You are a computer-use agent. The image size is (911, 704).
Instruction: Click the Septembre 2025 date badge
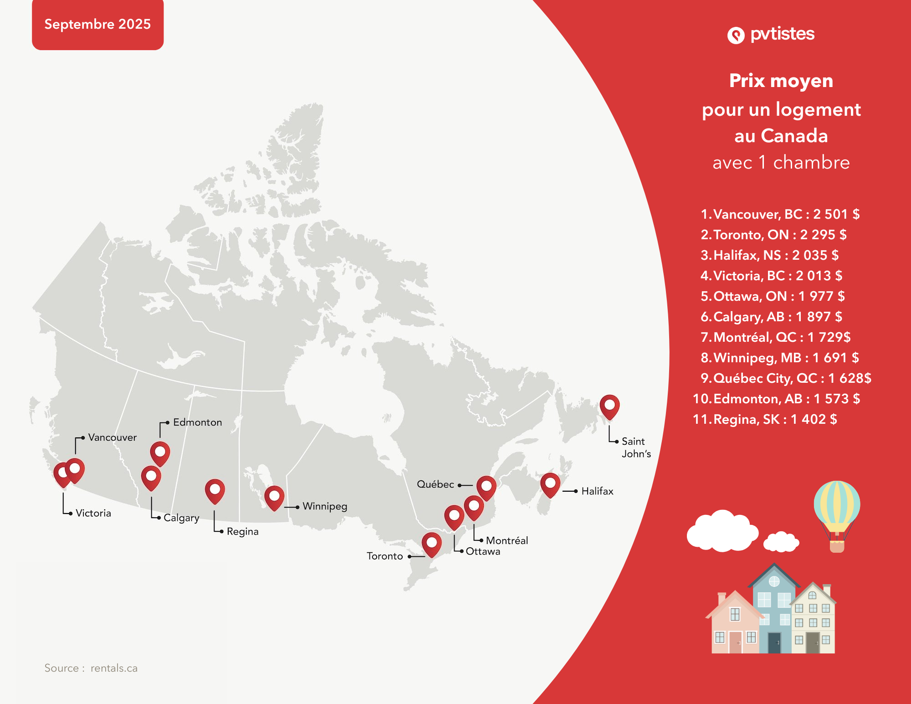click(97, 24)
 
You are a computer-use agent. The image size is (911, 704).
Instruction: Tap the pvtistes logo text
click(782, 34)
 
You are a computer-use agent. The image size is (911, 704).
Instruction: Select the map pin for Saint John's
click(609, 406)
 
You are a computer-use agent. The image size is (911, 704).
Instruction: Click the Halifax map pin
click(550, 484)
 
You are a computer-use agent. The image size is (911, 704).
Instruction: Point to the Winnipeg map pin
click(274, 497)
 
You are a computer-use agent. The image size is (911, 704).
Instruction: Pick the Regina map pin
click(215, 490)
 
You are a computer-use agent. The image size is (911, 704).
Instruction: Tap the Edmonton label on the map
click(197, 422)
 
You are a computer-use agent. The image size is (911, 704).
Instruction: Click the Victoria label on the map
click(93, 513)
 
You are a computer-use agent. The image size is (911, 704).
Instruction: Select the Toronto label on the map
click(385, 556)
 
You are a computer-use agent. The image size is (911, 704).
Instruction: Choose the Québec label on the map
click(435, 484)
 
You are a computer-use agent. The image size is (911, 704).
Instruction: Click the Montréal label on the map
click(507, 540)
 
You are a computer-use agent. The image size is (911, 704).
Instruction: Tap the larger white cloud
click(722, 531)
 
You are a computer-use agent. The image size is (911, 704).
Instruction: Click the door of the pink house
click(735, 642)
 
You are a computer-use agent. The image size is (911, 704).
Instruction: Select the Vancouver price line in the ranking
click(780, 214)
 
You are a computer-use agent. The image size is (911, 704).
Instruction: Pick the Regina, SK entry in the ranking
click(765, 419)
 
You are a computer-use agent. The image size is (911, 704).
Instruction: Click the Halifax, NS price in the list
click(815, 255)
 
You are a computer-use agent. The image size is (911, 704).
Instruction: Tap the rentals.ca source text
click(114, 668)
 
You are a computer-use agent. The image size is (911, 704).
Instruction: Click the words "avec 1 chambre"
click(781, 163)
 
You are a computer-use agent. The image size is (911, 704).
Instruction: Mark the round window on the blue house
click(774, 581)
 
